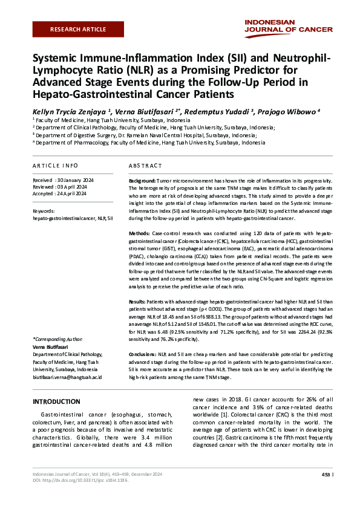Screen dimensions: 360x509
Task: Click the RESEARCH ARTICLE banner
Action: [x=78, y=29]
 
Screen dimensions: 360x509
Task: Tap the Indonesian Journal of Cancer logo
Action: [x=289, y=25]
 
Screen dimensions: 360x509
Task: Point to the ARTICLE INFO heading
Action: [x=55, y=165]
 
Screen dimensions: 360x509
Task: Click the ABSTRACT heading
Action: [x=145, y=165]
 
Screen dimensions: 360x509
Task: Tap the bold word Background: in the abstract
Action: [x=143, y=181]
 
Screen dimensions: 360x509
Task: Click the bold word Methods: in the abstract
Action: [x=140, y=233]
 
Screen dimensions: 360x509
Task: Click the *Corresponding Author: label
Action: [x=57, y=340]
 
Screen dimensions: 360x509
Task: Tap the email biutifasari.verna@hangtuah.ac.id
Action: [x=67, y=376]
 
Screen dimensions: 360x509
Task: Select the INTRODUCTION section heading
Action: [x=56, y=402]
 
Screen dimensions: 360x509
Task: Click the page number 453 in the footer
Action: [x=326, y=475]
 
